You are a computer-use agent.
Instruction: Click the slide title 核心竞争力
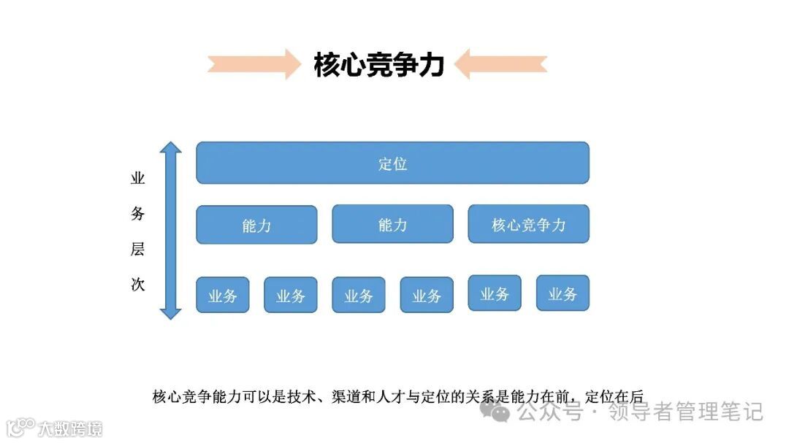378,64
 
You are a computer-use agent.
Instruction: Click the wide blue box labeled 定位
392,163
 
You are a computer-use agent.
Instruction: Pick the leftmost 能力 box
256,224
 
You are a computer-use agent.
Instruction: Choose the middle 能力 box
392,224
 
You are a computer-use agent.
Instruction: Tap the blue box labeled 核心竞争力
528,224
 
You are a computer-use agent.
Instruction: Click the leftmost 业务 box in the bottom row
222,295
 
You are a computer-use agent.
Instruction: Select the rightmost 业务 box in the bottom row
563,293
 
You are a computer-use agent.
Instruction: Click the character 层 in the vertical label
137,249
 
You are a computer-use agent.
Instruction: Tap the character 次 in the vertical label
137,284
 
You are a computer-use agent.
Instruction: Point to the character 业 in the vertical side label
137,179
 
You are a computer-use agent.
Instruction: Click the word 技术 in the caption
305,397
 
